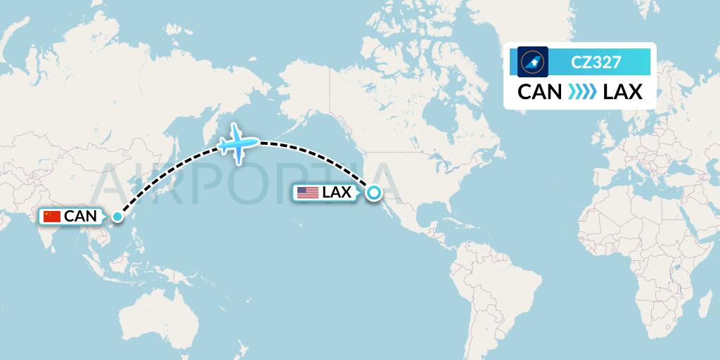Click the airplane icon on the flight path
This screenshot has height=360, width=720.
point(238,143)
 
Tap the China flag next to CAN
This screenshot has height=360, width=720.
point(52,217)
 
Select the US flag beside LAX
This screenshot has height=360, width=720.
point(307,193)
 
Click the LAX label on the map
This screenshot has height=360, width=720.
point(337,193)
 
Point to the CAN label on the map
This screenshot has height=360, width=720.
point(80,217)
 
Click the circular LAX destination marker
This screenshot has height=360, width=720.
point(373,192)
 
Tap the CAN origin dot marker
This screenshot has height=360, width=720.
point(117,217)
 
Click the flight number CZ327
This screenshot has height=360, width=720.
point(596,62)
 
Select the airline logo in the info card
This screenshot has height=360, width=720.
point(532,62)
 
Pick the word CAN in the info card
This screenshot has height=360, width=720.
point(539,92)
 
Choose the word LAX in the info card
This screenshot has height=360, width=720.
point(623,92)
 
